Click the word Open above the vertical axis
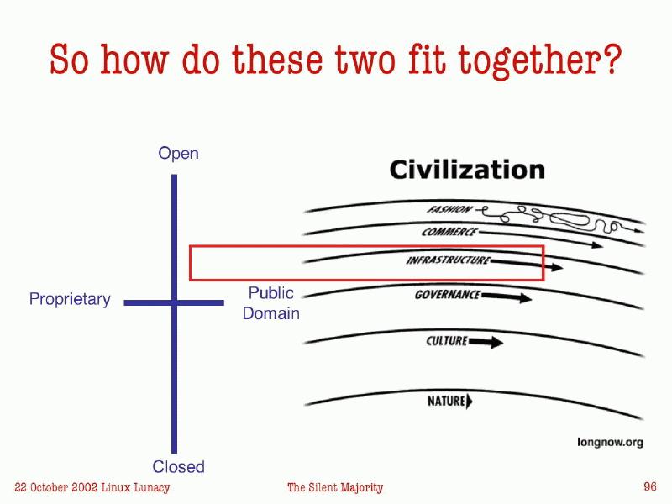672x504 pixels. (x=178, y=154)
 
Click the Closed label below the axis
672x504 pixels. (x=178, y=466)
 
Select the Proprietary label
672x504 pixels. (x=70, y=299)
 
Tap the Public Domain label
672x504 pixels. (x=270, y=303)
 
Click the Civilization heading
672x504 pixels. (x=467, y=171)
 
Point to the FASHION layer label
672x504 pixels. (x=449, y=209)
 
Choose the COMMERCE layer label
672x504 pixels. (x=449, y=232)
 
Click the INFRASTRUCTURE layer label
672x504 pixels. (x=447, y=260)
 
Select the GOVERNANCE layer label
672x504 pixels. (x=448, y=295)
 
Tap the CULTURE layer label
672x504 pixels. (x=447, y=341)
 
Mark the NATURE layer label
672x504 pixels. (x=446, y=402)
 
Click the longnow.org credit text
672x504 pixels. (x=610, y=442)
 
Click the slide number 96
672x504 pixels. (x=649, y=486)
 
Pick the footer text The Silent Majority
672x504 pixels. (x=335, y=487)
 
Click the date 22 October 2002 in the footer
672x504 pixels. (x=59, y=487)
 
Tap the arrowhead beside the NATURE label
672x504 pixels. (x=470, y=402)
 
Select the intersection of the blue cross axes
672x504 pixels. (x=175, y=302)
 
